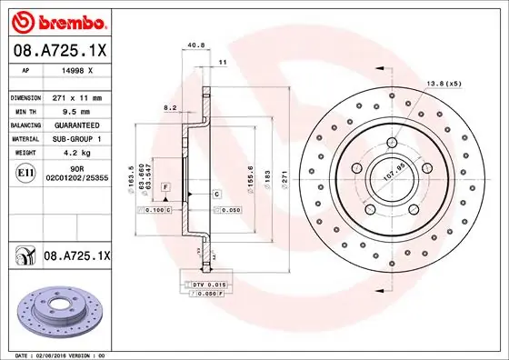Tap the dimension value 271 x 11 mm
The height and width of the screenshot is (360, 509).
coord(76,97)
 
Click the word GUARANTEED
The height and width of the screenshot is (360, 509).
coord(77,125)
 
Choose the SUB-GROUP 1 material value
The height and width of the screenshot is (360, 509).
coord(77,138)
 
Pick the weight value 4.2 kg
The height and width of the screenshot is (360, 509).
coord(66,153)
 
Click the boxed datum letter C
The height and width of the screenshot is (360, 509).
coord(218,195)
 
